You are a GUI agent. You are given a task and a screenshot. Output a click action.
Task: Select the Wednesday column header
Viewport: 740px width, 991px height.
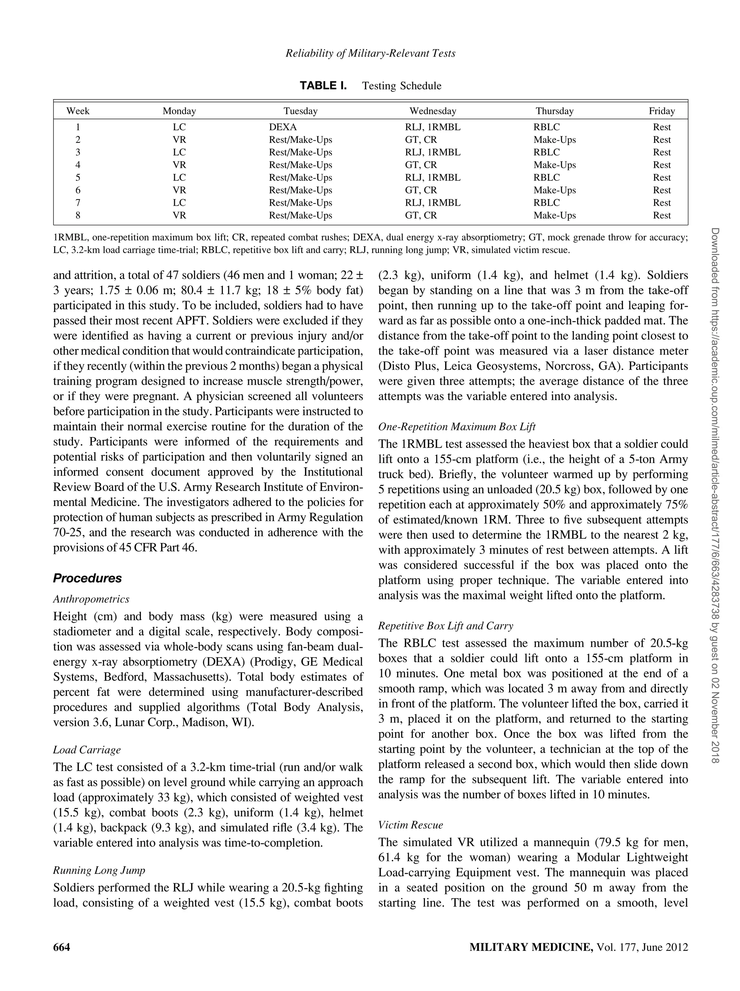click(x=433, y=111)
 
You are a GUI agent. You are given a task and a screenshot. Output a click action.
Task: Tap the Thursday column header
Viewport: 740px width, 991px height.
click(x=554, y=111)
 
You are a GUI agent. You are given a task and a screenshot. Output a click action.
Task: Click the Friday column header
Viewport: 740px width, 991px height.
click(x=661, y=111)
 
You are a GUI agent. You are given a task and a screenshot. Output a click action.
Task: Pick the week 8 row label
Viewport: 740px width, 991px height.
click(x=78, y=215)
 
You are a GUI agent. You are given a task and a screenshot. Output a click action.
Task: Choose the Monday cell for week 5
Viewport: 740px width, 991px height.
click(x=179, y=178)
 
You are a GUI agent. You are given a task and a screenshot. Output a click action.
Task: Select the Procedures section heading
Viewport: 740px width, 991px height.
click(x=87, y=578)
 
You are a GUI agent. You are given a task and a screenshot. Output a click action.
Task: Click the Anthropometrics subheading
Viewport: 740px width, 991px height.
click(x=91, y=599)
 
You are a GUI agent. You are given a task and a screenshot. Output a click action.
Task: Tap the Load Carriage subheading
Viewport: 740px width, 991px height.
click(x=87, y=749)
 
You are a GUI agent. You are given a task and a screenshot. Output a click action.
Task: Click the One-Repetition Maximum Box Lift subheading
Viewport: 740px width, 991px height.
click(x=457, y=427)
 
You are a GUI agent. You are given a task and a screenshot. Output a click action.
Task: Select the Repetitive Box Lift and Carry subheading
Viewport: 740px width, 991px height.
click(x=446, y=625)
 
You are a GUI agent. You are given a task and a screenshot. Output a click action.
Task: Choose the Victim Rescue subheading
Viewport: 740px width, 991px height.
click(x=410, y=825)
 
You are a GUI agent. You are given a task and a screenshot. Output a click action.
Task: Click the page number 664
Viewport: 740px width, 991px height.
click(x=62, y=956)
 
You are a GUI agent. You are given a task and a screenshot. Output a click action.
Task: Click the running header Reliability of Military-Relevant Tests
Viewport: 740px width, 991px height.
click(x=370, y=53)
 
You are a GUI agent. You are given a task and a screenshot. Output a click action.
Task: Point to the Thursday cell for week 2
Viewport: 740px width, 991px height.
click(x=554, y=140)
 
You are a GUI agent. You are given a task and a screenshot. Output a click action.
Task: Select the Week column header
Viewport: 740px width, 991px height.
click(x=78, y=111)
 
